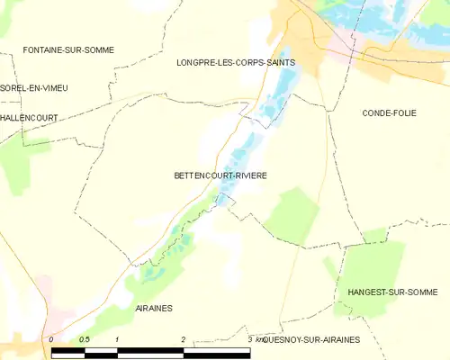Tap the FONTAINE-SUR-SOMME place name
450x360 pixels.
tap(68, 49)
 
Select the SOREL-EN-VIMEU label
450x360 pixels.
tap(34, 87)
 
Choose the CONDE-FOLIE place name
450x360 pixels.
tap(389, 112)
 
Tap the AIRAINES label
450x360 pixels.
tap(155, 308)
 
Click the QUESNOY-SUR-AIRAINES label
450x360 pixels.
tap(311, 339)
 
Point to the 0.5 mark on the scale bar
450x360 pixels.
tap(84, 338)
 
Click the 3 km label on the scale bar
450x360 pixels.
tap(254, 338)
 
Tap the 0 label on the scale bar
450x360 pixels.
tap(52, 338)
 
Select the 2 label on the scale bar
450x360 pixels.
tap(184, 338)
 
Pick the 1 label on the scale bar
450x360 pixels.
tap(118, 338)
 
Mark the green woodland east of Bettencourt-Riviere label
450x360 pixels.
tap(292, 214)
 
